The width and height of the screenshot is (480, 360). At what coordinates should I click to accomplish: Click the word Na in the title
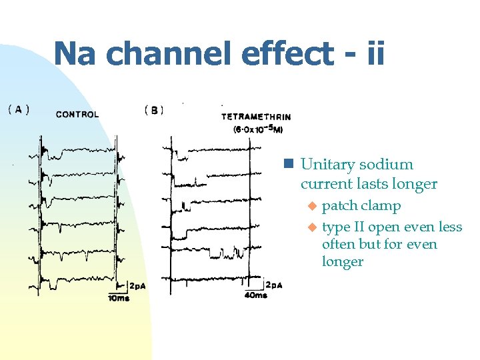(75, 53)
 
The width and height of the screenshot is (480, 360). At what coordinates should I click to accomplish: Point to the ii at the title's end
(375, 53)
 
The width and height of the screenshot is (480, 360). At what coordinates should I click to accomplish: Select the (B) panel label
(153, 110)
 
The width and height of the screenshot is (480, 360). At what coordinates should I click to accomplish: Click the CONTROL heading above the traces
(77, 114)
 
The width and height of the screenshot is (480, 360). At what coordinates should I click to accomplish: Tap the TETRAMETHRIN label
(256, 117)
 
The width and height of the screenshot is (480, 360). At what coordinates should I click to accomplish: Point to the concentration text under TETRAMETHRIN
(257, 129)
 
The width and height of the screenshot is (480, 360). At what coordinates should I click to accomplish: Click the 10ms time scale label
(119, 298)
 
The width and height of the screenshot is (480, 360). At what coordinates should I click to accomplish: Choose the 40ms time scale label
(256, 295)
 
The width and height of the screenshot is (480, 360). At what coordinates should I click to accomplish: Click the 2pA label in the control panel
(137, 286)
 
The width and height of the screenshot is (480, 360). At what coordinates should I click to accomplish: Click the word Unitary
(327, 165)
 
